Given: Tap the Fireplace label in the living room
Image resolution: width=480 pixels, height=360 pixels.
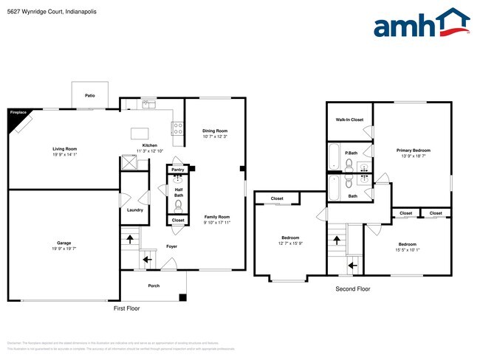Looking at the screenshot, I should point(18,113).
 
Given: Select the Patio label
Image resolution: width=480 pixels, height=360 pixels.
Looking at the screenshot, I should point(89,96).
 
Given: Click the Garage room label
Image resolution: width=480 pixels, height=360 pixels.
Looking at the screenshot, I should point(64,243).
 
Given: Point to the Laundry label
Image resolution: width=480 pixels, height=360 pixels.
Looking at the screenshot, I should point(135,210).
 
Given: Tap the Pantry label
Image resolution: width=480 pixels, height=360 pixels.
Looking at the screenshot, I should point(178,170).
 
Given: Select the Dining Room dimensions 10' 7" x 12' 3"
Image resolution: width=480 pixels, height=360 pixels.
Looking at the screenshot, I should point(215,136).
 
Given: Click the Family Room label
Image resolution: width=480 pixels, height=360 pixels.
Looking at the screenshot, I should point(217,217).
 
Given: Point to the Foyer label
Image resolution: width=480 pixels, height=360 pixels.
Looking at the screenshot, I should point(171,246).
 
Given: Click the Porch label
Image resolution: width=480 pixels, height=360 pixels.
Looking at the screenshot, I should point(154,285).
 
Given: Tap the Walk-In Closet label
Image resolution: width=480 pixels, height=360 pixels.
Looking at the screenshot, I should point(349,120).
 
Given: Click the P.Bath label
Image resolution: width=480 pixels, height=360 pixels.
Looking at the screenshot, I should point(351,153).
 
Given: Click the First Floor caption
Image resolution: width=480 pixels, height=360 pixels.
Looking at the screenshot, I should point(126,308).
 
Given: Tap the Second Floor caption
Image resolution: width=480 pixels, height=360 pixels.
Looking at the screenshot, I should point(353,289).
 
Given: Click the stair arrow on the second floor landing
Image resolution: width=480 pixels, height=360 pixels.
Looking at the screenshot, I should point(352,263).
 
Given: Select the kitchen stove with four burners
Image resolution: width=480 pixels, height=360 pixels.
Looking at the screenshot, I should point(177,128).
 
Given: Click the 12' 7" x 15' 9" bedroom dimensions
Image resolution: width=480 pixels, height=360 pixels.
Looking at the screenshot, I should point(290,243).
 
